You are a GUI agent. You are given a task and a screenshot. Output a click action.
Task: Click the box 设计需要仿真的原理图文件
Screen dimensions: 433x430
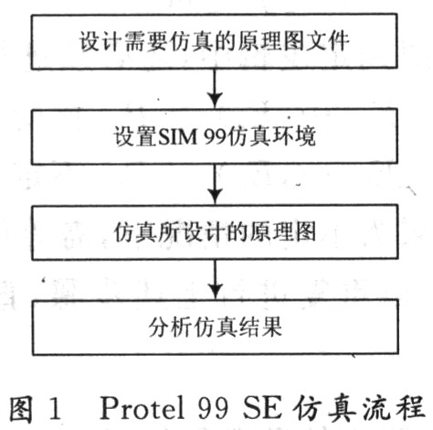coord(215,41)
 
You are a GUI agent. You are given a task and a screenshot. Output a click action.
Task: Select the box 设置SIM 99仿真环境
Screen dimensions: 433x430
coord(215,136)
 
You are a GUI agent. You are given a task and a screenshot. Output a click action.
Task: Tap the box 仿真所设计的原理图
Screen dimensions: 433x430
coord(215,232)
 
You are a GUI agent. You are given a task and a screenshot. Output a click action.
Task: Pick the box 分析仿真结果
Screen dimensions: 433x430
coord(216,328)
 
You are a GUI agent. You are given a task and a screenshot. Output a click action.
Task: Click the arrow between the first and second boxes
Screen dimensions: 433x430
coord(215,89)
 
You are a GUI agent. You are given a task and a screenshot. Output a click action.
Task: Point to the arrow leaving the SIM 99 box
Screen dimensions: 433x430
coord(215,184)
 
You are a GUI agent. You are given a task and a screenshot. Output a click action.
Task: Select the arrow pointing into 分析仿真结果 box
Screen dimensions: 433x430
coord(216,280)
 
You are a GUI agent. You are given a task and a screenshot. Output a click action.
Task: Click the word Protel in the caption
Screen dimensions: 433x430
coord(143,407)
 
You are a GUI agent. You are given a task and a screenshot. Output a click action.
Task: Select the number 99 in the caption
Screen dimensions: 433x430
coord(213,408)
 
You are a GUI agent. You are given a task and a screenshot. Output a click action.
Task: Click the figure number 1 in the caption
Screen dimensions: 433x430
coord(55,408)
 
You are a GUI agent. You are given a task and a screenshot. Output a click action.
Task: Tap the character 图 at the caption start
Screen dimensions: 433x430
coord(21,409)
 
